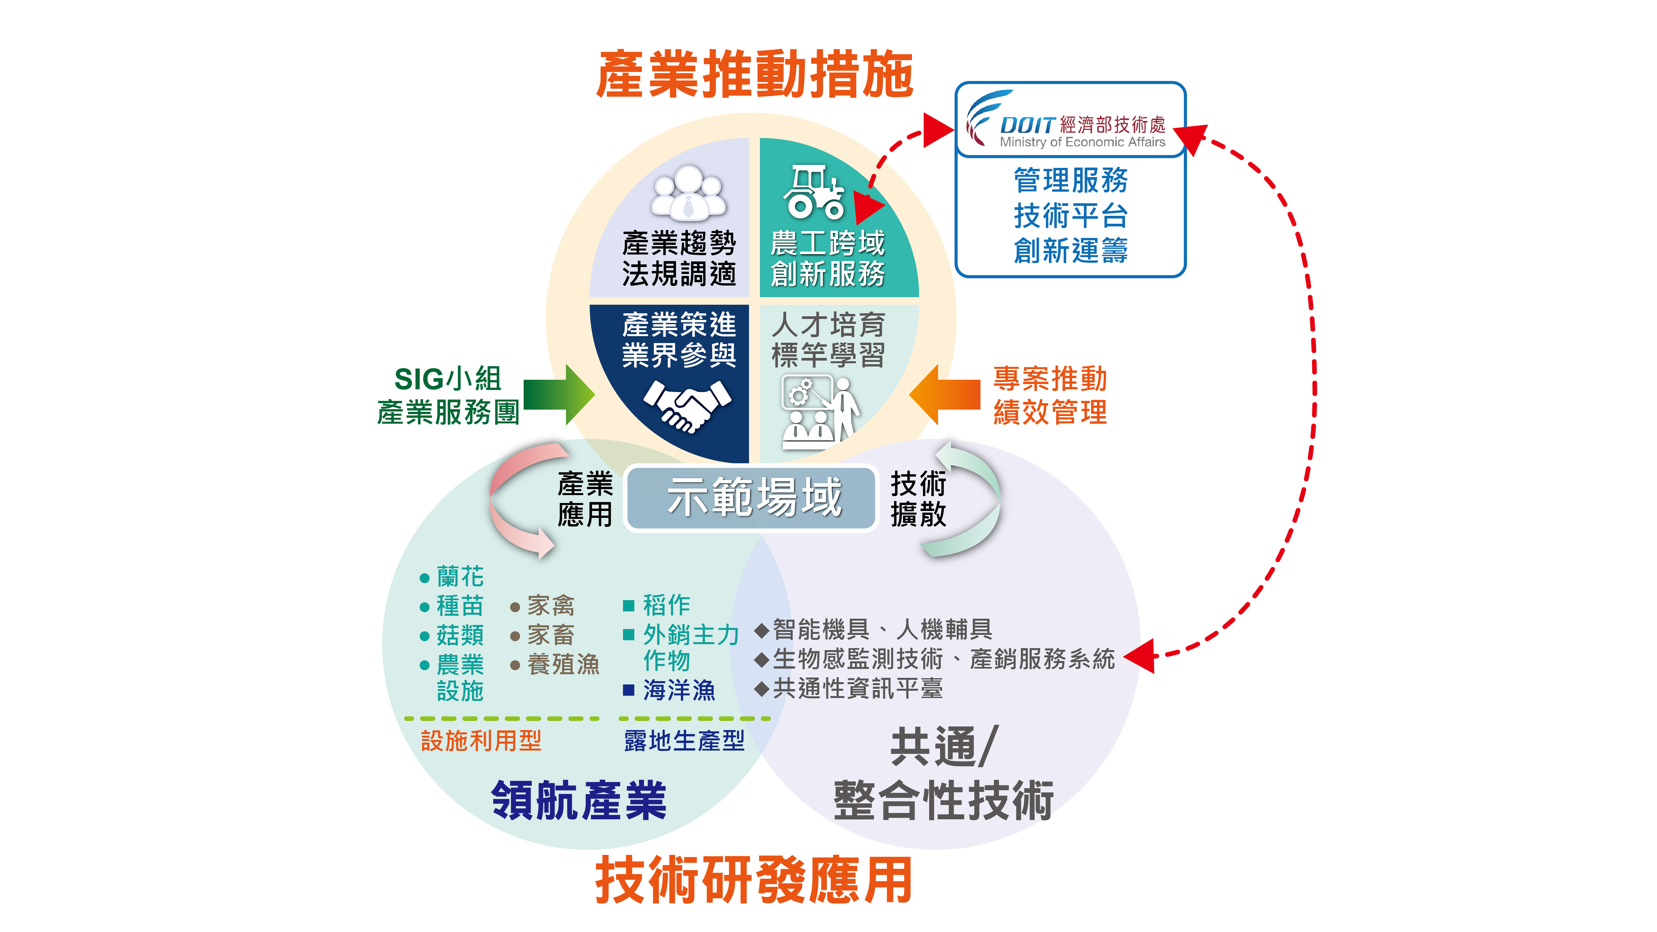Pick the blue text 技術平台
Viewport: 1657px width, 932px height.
pyautogui.click(x=1070, y=215)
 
